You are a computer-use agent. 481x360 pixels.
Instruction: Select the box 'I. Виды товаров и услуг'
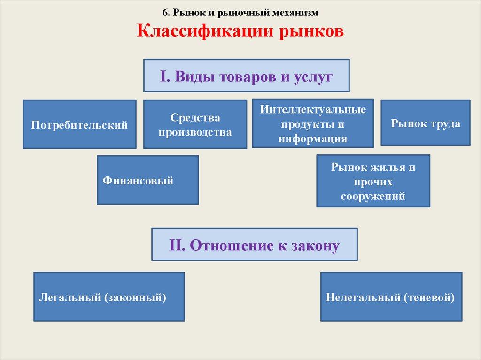click(x=246, y=75)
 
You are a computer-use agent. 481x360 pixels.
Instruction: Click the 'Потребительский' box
click(x=79, y=124)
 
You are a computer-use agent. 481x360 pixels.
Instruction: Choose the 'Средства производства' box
click(x=195, y=124)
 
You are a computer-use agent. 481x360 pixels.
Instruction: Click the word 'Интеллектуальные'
click(x=312, y=111)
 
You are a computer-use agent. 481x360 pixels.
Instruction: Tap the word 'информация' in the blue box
click(x=312, y=138)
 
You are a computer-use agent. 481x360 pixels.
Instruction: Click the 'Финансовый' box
click(x=147, y=180)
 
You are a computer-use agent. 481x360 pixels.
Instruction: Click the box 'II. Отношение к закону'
click(x=254, y=245)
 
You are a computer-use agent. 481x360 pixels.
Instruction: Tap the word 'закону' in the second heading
click(x=314, y=245)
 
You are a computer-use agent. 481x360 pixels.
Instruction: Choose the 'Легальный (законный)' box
click(x=109, y=297)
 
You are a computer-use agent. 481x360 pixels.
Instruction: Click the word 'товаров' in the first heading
click(x=248, y=76)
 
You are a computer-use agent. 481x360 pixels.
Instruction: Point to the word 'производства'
click(x=195, y=132)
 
